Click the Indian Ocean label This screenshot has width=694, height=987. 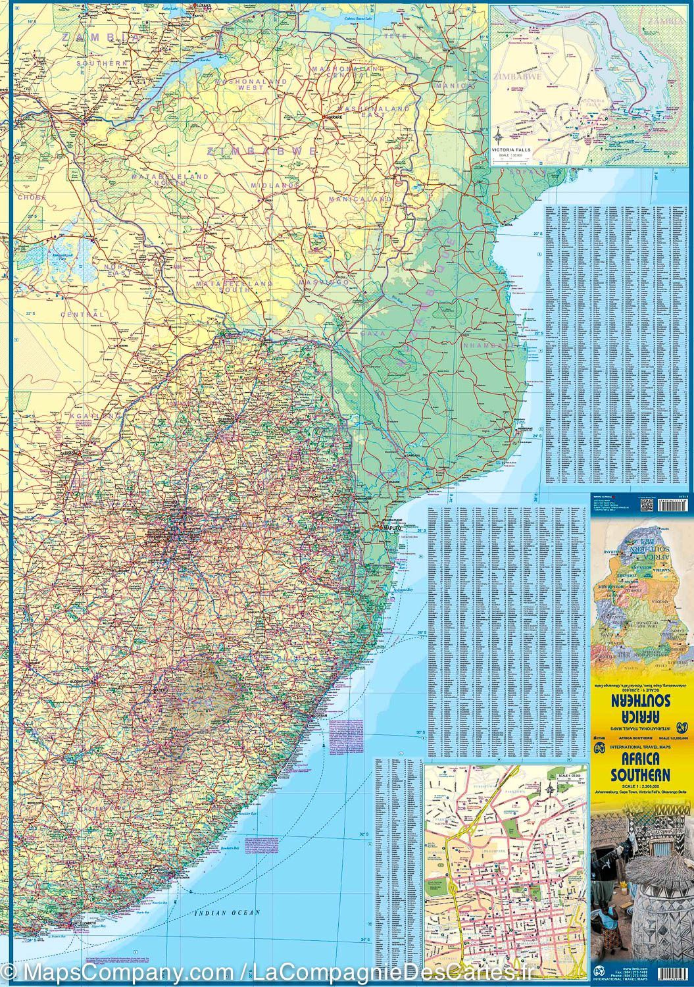pos(228,913)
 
